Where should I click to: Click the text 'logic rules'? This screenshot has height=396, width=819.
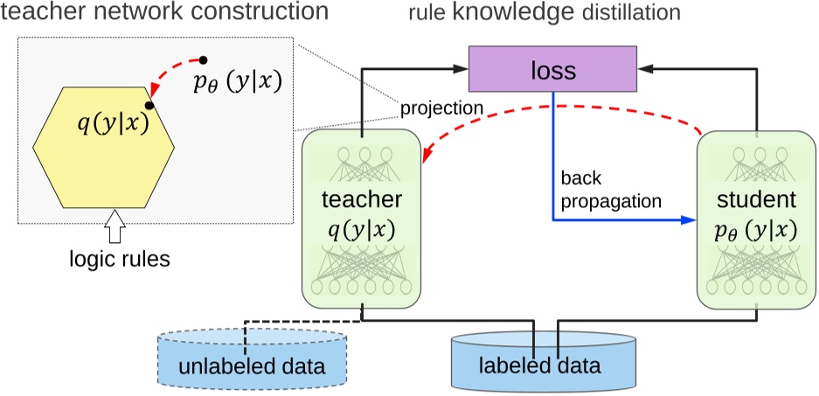point(115,259)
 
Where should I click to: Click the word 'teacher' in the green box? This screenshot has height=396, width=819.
point(362,204)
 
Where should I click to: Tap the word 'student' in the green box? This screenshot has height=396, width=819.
point(753,204)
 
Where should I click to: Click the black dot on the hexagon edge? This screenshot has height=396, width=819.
point(150,106)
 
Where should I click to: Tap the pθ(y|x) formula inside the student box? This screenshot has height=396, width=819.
point(753,232)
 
